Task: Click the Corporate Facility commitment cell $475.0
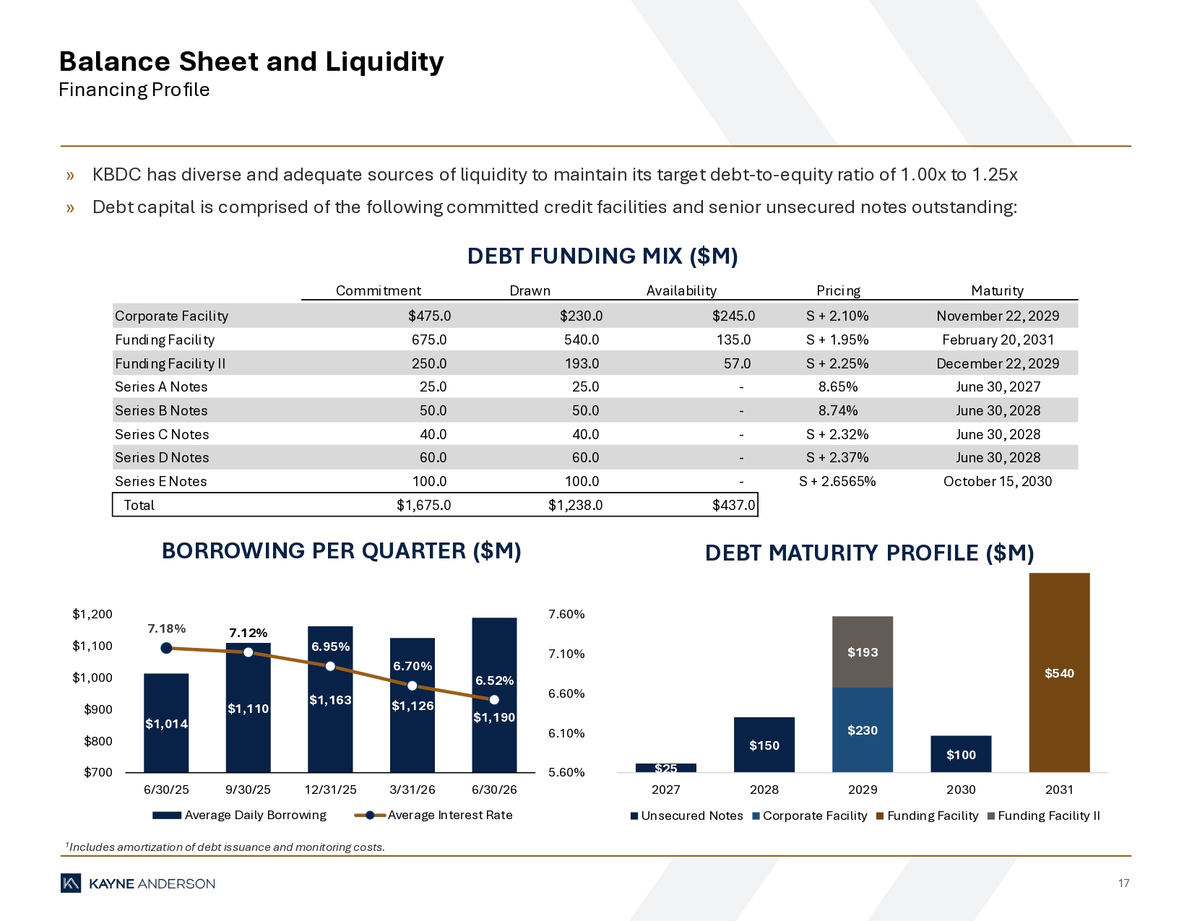pyautogui.click(x=430, y=316)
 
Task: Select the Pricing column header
pyautogui.click(x=838, y=290)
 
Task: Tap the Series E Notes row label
pyautogui.click(x=160, y=482)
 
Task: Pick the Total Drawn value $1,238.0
pyautogui.click(x=576, y=505)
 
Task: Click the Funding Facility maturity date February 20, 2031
pyautogui.click(x=998, y=340)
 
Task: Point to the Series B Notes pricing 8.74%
pyautogui.click(x=837, y=411)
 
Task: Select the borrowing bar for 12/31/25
pyautogui.click(x=330, y=699)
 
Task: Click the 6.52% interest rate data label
pyautogui.click(x=494, y=680)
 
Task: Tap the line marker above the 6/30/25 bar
pyautogui.click(x=166, y=649)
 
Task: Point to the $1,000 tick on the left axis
pyautogui.click(x=92, y=678)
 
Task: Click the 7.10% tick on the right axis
pyautogui.click(x=566, y=654)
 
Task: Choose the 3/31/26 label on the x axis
pyautogui.click(x=412, y=790)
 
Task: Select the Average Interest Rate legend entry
pyautogui.click(x=433, y=815)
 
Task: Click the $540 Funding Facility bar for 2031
pyautogui.click(x=1059, y=673)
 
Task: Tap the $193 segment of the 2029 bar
pyautogui.click(x=863, y=652)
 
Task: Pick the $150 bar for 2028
pyautogui.click(x=764, y=745)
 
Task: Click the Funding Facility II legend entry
pyautogui.click(x=1043, y=816)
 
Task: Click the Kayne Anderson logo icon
pyautogui.click(x=71, y=883)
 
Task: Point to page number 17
pyautogui.click(x=1123, y=883)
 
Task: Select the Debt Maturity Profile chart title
pyautogui.click(x=870, y=553)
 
